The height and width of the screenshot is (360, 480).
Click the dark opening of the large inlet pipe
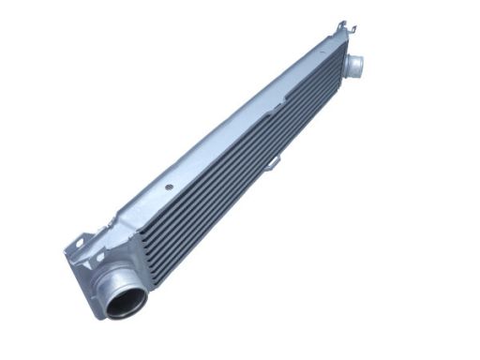[x=127, y=303]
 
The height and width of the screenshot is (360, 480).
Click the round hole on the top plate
[x=169, y=187]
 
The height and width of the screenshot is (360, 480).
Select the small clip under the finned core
[x=273, y=166]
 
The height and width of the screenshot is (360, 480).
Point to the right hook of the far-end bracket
[x=352, y=31]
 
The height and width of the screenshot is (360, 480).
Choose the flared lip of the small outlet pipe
[x=360, y=66]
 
